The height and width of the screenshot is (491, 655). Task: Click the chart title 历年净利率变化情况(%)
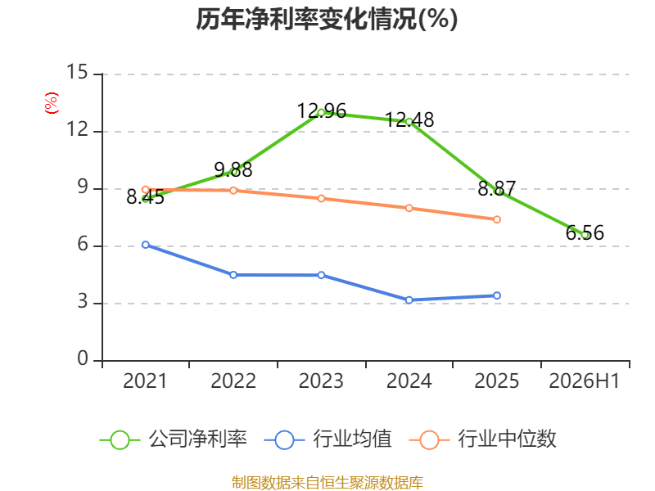[327, 19]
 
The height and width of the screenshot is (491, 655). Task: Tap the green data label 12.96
[321, 111]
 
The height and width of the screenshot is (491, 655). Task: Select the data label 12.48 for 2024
[409, 119]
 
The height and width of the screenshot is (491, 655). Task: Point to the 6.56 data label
[585, 232]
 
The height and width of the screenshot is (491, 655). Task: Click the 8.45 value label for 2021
[146, 197]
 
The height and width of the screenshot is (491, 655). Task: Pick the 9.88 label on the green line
[233, 169]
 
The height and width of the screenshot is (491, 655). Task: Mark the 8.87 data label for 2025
[497, 188]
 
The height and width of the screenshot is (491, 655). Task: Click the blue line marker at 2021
[146, 245]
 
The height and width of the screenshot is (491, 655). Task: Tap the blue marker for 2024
[409, 300]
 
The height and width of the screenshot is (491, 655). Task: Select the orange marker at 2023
[321, 199]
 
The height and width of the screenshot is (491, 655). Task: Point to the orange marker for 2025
[497, 219]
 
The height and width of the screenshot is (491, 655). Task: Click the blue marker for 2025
[497, 295]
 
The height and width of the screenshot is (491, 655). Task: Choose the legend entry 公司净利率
[174, 439]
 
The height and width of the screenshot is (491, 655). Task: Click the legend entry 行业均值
[328, 439]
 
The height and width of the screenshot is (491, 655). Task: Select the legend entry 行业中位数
[483, 439]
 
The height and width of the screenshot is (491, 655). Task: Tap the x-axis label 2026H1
[585, 381]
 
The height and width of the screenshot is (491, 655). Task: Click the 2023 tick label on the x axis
[321, 381]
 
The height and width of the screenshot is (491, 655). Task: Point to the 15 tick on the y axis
[77, 72]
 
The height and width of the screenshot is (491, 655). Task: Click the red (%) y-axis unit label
[52, 103]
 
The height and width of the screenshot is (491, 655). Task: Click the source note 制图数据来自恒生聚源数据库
[327, 483]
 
